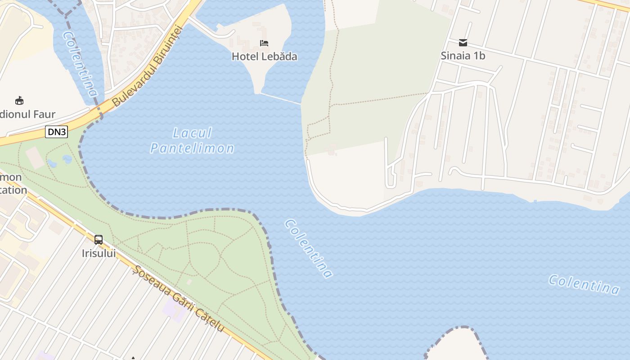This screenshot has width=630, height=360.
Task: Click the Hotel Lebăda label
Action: tap(264, 57)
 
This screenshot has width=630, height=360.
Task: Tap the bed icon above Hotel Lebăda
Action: tap(264, 43)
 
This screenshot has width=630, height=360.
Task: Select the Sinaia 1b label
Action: tap(463, 56)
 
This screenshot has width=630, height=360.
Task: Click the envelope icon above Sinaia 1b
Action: tap(463, 43)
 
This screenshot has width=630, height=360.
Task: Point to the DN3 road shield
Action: tap(56, 131)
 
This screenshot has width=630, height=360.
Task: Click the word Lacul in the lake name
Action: tap(192, 133)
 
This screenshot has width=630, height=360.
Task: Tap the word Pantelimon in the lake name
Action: tap(192, 148)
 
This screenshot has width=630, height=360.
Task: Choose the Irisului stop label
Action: tap(99, 253)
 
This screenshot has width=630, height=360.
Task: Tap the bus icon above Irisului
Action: tap(99, 240)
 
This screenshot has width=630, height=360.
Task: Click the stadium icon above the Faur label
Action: tap(19, 100)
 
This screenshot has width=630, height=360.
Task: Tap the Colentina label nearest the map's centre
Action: tap(309, 248)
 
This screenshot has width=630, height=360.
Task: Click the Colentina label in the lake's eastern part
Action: tap(584, 284)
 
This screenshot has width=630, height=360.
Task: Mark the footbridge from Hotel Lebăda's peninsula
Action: tap(280, 99)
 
